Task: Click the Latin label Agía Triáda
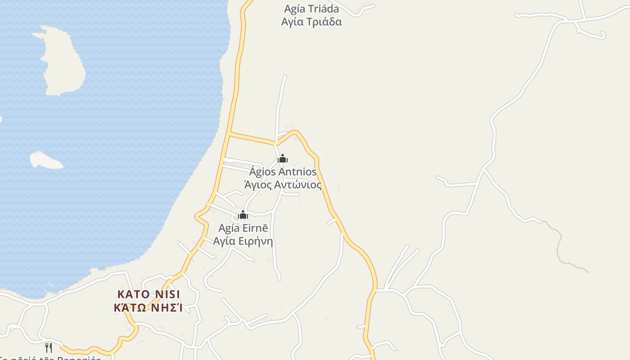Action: click(x=311, y=9)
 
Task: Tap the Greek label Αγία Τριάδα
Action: click(x=311, y=22)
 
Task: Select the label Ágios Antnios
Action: click(x=283, y=172)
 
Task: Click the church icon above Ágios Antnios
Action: click(x=283, y=158)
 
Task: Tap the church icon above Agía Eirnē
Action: click(x=243, y=215)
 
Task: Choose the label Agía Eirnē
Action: click(x=243, y=228)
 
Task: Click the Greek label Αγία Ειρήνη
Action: click(x=243, y=241)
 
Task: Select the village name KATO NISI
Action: click(x=149, y=294)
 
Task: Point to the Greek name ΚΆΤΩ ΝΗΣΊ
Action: click(x=149, y=308)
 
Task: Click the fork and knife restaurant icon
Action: click(x=49, y=347)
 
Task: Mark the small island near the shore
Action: click(x=45, y=160)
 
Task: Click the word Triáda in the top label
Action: click(x=324, y=9)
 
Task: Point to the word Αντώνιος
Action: click(x=301, y=184)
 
